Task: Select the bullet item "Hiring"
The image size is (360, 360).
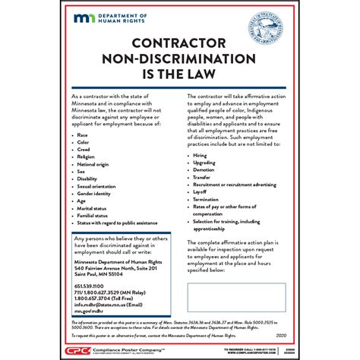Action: (201, 155)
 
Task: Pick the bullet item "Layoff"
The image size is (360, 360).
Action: (201, 192)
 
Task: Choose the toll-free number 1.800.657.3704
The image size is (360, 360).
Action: (106, 298)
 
